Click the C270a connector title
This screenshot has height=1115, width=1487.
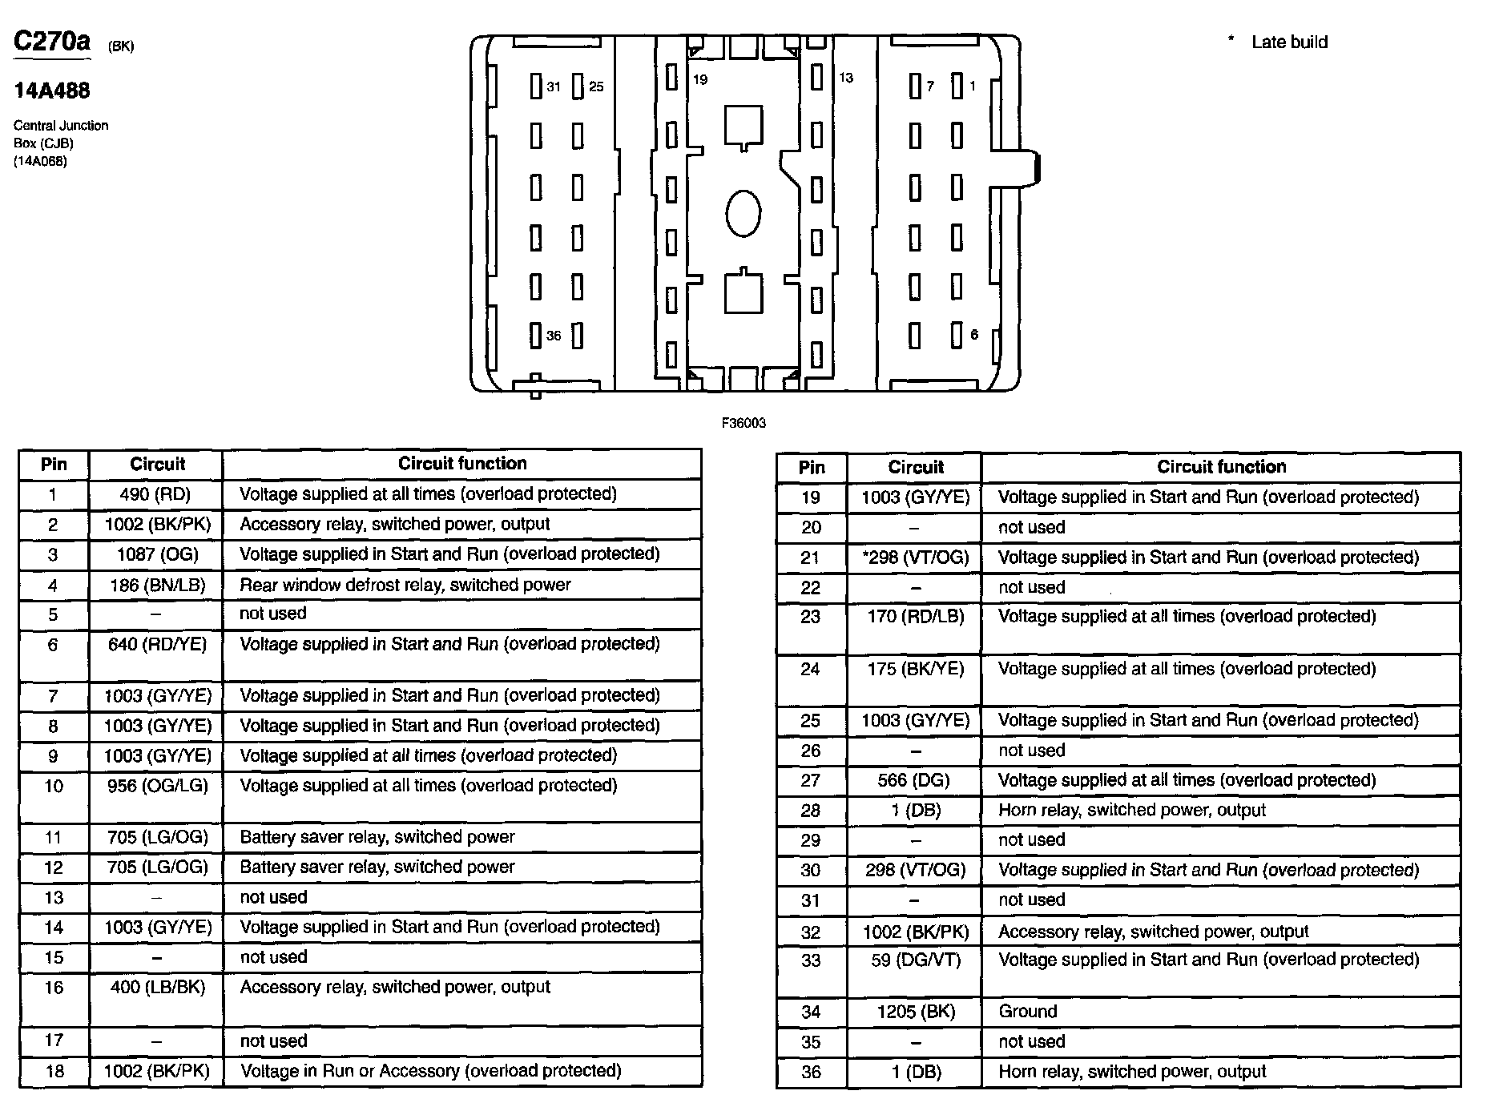coord(52,42)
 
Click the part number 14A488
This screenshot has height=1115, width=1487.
coord(52,91)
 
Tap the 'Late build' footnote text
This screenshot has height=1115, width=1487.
coord(1288,42)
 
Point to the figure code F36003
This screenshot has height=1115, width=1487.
coord(743,423)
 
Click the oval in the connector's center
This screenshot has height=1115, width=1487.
coord(743,213)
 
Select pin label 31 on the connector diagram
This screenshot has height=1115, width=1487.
coord(554,87)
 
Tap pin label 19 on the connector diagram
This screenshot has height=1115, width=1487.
coord(700,79)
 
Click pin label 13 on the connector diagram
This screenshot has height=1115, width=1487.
coord(846,78)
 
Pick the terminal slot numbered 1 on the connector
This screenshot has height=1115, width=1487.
coord(957,86)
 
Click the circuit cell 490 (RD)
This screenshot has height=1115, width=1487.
coord(155,494)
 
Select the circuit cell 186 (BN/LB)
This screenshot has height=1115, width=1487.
coord(157,586)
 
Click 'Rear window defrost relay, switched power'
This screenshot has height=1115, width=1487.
coord(405,586)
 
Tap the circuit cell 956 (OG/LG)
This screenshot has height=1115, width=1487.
coord(157,786)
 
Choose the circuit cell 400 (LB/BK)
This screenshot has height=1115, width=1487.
coord(157,988)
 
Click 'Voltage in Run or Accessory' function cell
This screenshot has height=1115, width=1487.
coord(430,1071)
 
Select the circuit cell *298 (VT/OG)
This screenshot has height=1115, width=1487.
coord(916,557)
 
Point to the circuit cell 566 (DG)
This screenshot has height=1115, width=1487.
coord(914,780)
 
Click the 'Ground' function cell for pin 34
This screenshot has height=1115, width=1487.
coord(1028,1012)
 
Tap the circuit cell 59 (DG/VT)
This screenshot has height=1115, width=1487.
coord(915,960)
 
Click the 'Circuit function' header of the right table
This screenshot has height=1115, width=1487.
coord(1221,467)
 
